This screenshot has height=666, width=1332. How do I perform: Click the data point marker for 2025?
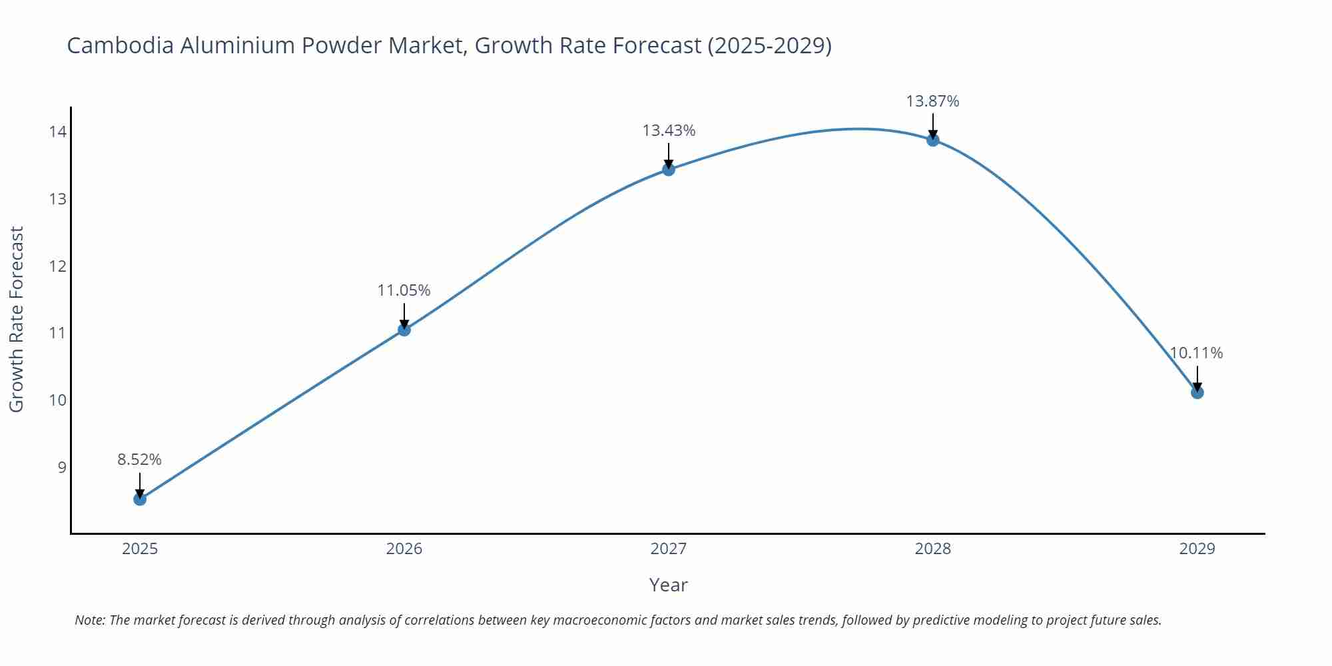140,499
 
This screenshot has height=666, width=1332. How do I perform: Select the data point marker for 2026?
404,329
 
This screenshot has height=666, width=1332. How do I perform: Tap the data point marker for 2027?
669,169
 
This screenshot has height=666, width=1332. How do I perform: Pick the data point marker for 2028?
933,140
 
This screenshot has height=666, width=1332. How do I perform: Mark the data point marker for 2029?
1197,392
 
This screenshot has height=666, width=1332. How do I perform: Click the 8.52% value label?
140,460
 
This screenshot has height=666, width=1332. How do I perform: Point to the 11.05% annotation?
404,290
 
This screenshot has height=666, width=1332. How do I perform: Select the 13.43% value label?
669,131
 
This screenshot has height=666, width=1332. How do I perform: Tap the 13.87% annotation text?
932,101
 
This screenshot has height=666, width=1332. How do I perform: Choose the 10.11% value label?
1196,353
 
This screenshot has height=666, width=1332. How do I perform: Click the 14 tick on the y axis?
57,132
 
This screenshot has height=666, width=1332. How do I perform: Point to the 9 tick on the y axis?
62,467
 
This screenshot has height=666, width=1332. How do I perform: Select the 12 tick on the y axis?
57,266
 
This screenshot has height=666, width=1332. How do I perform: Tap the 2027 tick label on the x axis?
669,549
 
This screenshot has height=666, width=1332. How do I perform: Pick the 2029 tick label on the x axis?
1197,549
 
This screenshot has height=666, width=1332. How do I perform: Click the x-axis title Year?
668,585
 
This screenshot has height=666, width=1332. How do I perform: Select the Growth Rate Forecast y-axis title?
17,319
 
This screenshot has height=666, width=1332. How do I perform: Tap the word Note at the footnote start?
90,620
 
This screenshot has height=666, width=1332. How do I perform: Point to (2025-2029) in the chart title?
769,45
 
